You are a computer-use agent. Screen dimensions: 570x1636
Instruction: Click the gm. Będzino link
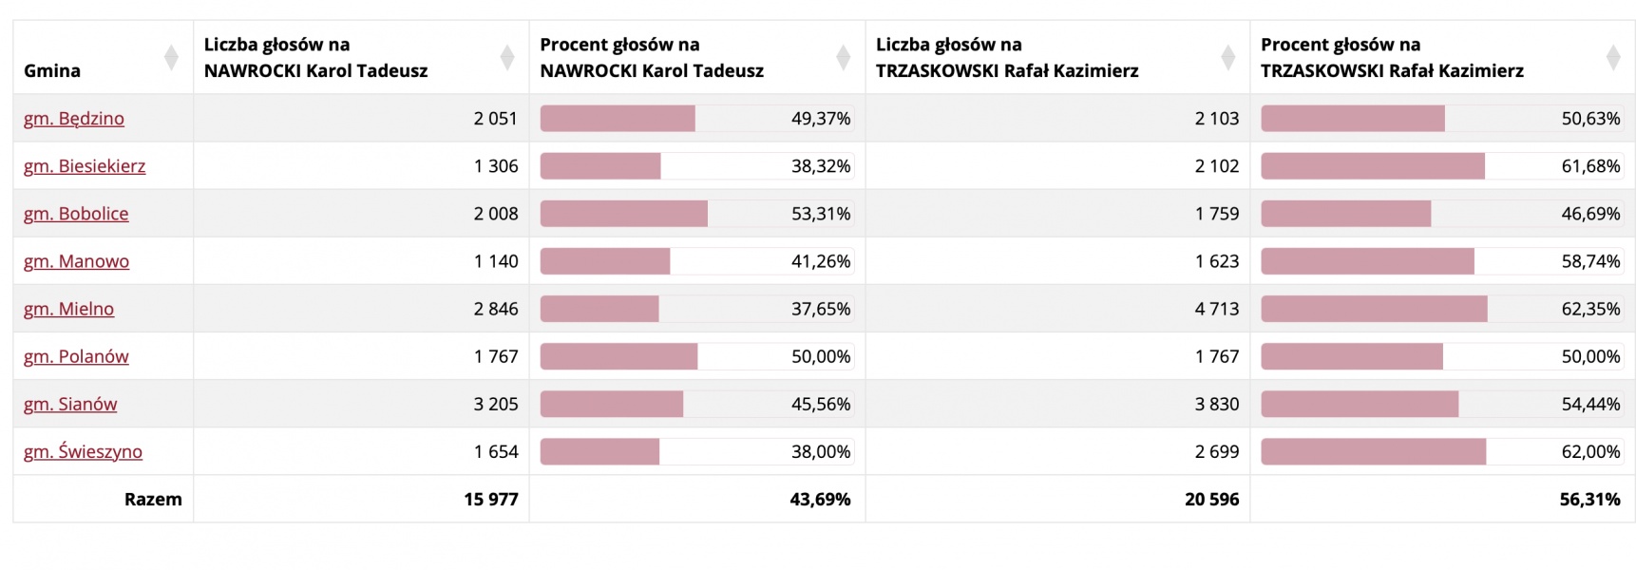74,119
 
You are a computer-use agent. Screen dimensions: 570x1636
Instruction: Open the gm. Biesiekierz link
85,166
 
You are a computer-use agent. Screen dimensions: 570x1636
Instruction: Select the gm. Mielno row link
68,309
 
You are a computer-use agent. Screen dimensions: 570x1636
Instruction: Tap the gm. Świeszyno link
83,451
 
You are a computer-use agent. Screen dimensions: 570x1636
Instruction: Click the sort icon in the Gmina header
171,57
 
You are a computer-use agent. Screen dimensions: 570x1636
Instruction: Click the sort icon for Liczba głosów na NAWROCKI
507,57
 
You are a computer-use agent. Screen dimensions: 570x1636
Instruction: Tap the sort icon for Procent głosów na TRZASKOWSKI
1612,57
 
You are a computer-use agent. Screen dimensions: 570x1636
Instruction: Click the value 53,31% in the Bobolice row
821,214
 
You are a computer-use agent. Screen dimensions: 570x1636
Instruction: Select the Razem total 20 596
1211,499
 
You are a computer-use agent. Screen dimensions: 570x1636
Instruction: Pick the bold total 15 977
490,499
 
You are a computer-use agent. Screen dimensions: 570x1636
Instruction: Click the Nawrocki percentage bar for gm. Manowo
605,261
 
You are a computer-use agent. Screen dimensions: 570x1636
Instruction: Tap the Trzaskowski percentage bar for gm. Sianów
1360,404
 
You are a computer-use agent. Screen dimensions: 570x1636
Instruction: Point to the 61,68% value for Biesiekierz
1590,166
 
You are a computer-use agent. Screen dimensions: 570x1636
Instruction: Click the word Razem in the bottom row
153,499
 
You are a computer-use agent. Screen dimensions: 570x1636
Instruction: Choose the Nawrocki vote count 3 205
496,404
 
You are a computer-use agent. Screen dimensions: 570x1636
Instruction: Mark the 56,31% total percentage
1589,499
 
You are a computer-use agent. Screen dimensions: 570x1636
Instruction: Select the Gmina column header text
52,70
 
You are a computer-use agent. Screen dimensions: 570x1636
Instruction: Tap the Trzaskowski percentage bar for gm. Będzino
1353,119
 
